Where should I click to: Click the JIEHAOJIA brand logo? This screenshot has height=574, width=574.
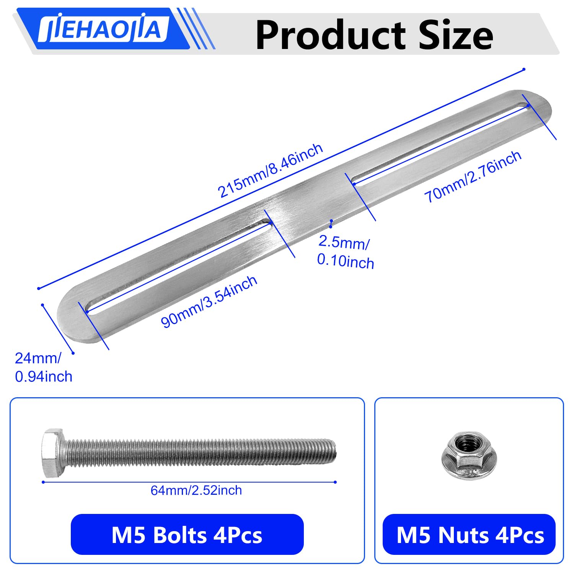coord(103,29)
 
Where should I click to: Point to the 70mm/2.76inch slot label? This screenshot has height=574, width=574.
coord(473,176)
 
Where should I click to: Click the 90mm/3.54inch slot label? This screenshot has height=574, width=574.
coord(209,302)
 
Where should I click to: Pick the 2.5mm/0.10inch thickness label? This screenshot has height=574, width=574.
coord(345,251)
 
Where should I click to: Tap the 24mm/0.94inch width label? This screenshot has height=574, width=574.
coord(43,367)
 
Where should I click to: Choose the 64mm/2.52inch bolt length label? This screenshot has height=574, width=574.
coord(196,490)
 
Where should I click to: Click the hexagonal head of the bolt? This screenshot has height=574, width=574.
coord(53,453)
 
